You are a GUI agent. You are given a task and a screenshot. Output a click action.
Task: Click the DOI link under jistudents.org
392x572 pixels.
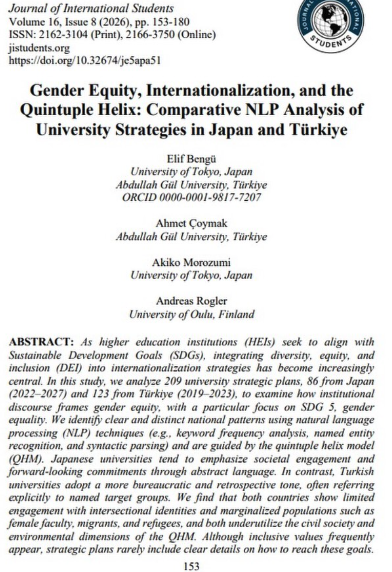tap(84, 61)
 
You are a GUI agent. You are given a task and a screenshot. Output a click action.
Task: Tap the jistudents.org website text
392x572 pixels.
tap(39, 48)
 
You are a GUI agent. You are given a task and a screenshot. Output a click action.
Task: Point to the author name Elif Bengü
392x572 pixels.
tap(191, 158)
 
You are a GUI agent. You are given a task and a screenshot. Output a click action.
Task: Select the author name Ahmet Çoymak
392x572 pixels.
tap(191, 223)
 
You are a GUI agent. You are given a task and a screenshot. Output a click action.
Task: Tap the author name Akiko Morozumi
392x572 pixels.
tap(191, 263)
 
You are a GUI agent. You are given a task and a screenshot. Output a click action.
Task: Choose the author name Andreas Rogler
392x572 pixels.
tap(191, 301)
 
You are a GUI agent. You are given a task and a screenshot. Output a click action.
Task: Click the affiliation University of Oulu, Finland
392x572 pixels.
tap(191, 314)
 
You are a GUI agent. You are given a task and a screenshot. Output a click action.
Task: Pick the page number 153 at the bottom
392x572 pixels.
tap(191, 566)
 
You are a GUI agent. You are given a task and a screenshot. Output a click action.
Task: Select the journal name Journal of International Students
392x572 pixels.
tap(91, 8)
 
